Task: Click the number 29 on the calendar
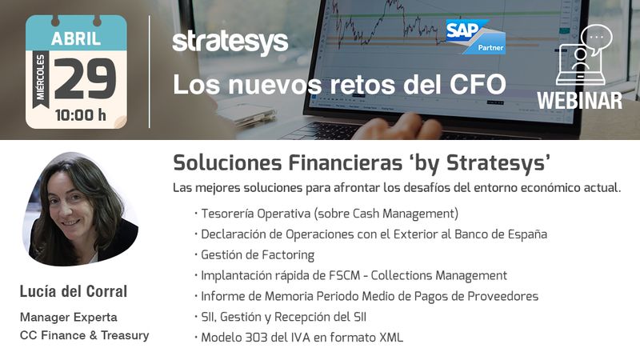[86, 78]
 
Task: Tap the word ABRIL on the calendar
[76, 38]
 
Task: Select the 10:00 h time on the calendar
[81, 115]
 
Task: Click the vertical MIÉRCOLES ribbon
[41, 78]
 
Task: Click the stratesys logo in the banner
[230, 42]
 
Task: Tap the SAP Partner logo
[475, 37]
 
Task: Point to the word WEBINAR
[579, 101]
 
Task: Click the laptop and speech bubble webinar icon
[584, 54]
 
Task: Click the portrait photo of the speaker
[80, 209]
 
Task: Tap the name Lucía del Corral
[74, 291]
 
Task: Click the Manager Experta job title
[69, 317]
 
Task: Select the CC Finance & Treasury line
[85, 335]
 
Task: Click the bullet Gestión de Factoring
[254, 255]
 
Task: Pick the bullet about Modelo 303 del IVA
[298, 338]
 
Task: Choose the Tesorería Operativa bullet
[326, 214]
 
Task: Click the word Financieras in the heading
[346, 163]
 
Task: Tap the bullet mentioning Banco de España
[371, 234]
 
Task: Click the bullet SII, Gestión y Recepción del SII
[281, 317]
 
